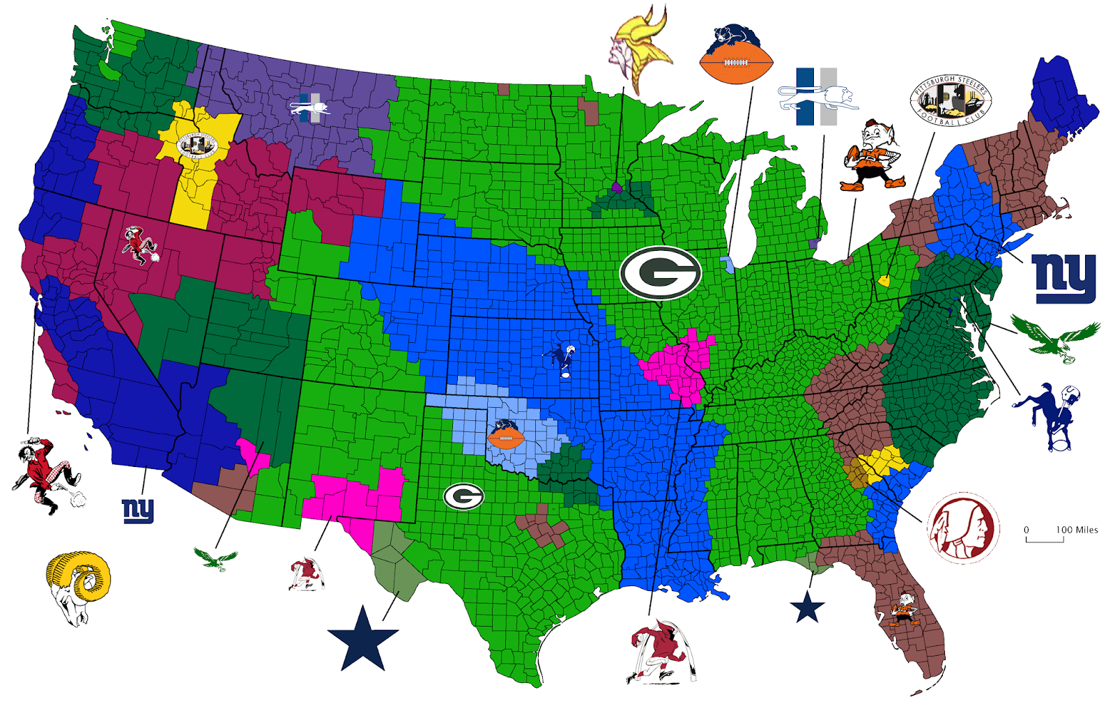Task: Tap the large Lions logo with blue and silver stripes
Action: [817, 98]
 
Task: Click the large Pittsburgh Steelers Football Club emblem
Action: [951, 101]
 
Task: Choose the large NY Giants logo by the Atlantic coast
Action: [1064, 278]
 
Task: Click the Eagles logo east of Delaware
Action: [1055, 336]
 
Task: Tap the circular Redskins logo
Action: [962, 528]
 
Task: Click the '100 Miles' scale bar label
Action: [1077, 530]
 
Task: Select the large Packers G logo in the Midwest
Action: [660, 273]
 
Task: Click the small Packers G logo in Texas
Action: [463, 496]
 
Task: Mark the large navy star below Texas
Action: [363, 638]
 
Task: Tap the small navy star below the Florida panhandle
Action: [807, 607]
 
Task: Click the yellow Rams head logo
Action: [78, 585]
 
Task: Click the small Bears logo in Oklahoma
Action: [505, 435]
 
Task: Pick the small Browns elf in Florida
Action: [905, 608]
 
